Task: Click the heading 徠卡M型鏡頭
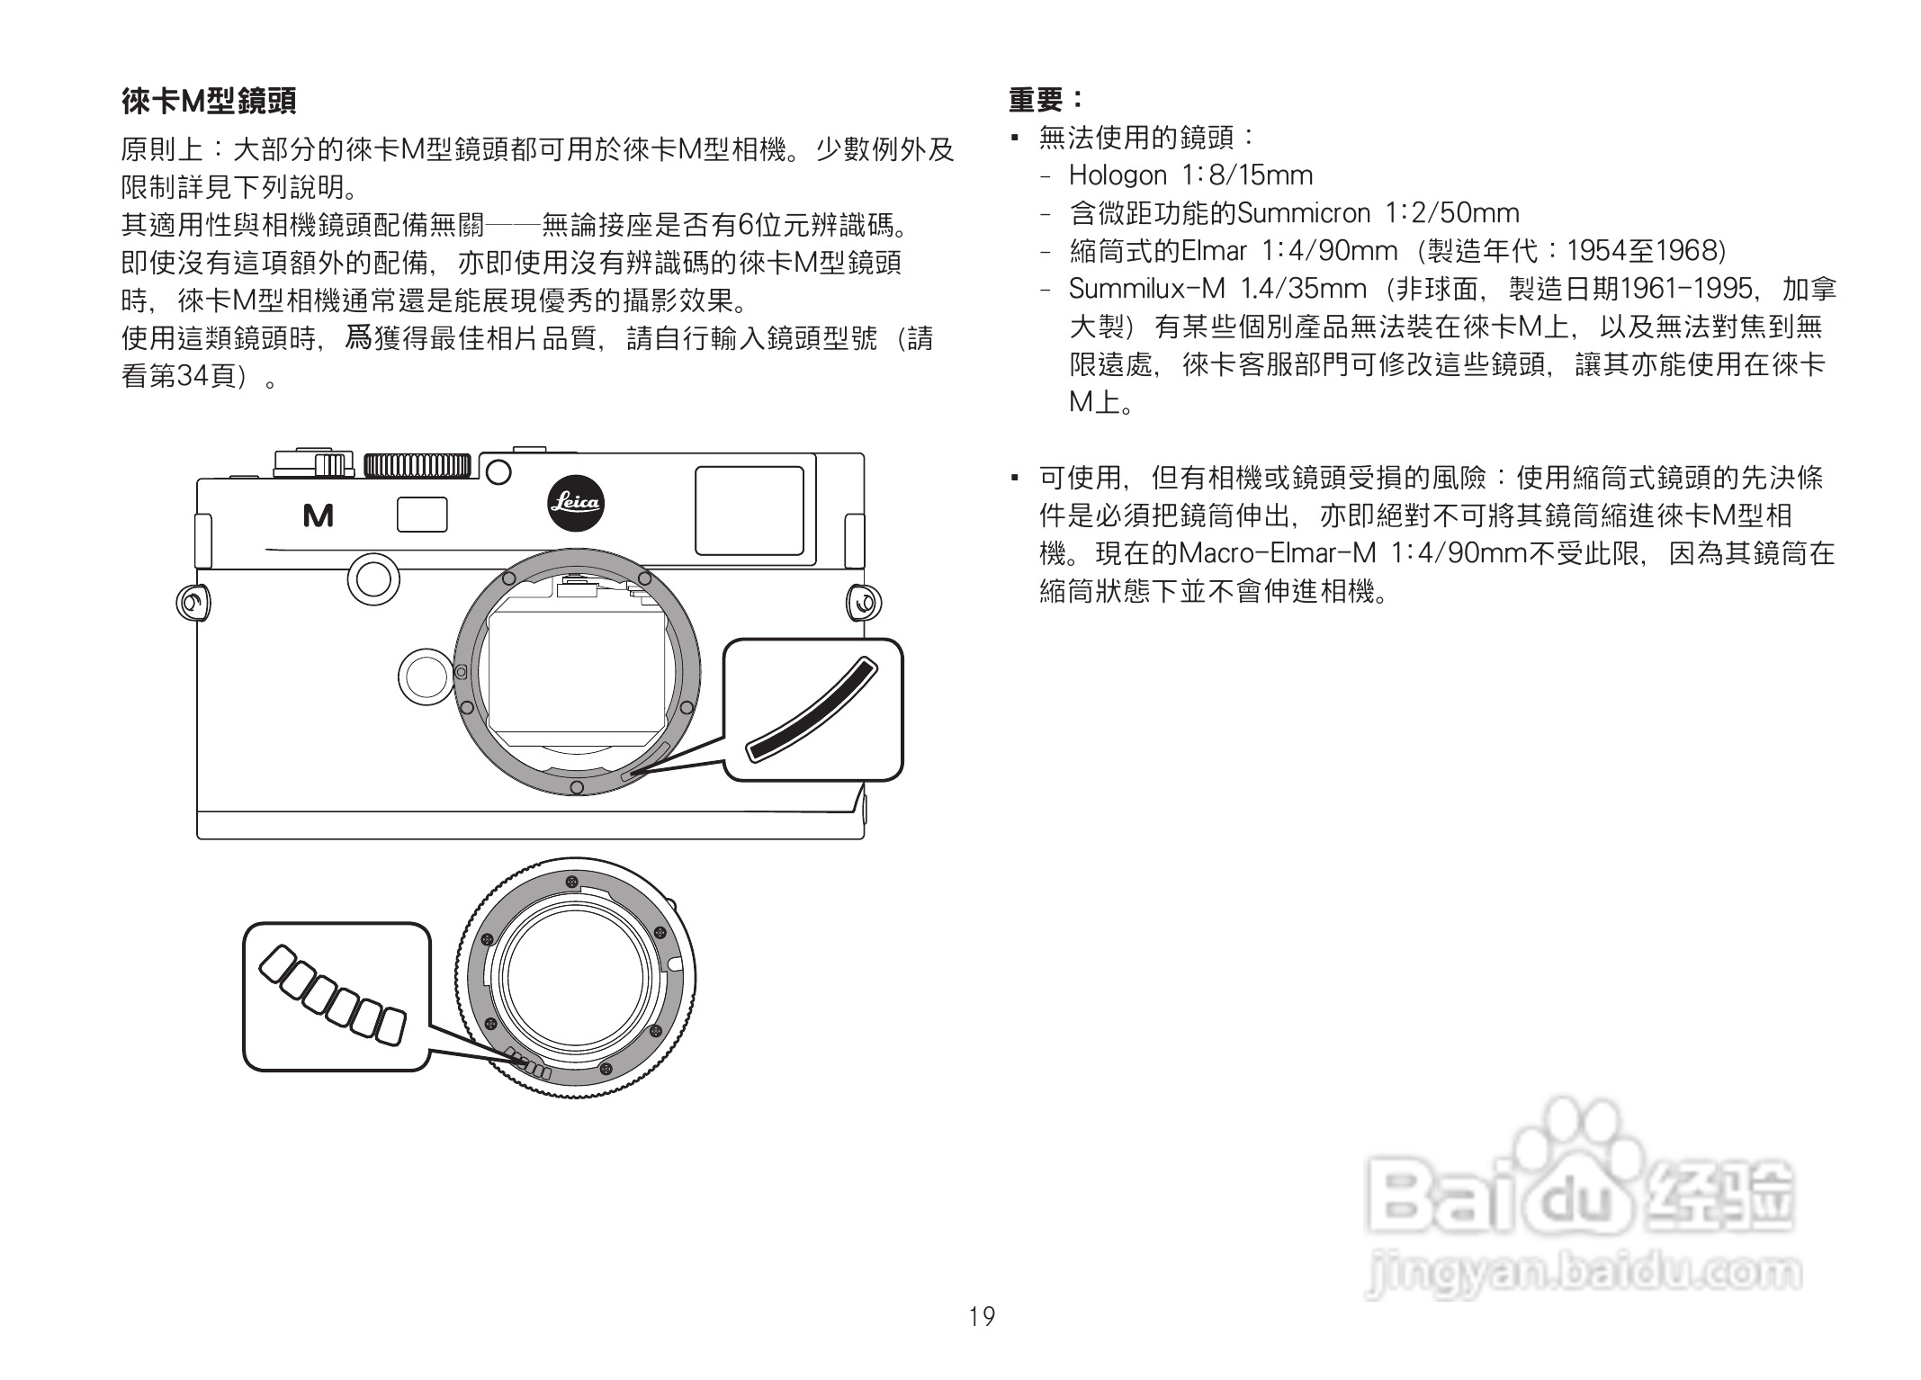point(209,101)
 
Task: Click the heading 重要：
point(1046,99)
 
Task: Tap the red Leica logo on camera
point(576,503)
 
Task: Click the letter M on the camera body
point(319,515)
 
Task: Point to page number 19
point(982,1317)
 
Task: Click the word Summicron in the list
point(1304,213)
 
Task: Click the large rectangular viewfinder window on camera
point(749,510)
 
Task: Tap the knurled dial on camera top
point(417,465)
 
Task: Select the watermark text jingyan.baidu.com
point(1582,1273)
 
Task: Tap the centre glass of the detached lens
point(576,978)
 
